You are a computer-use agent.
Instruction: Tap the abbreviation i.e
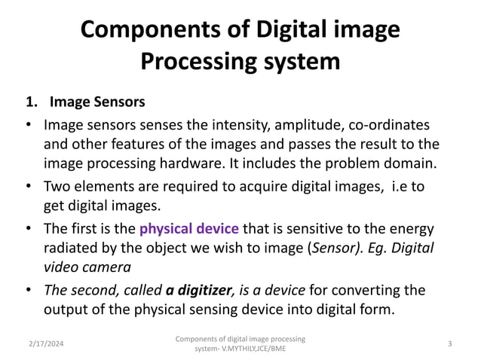(395, 185)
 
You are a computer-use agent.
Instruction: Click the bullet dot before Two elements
(28, 185)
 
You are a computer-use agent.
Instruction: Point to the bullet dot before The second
(28, 290)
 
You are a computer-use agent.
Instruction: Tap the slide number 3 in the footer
(449, 343)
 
